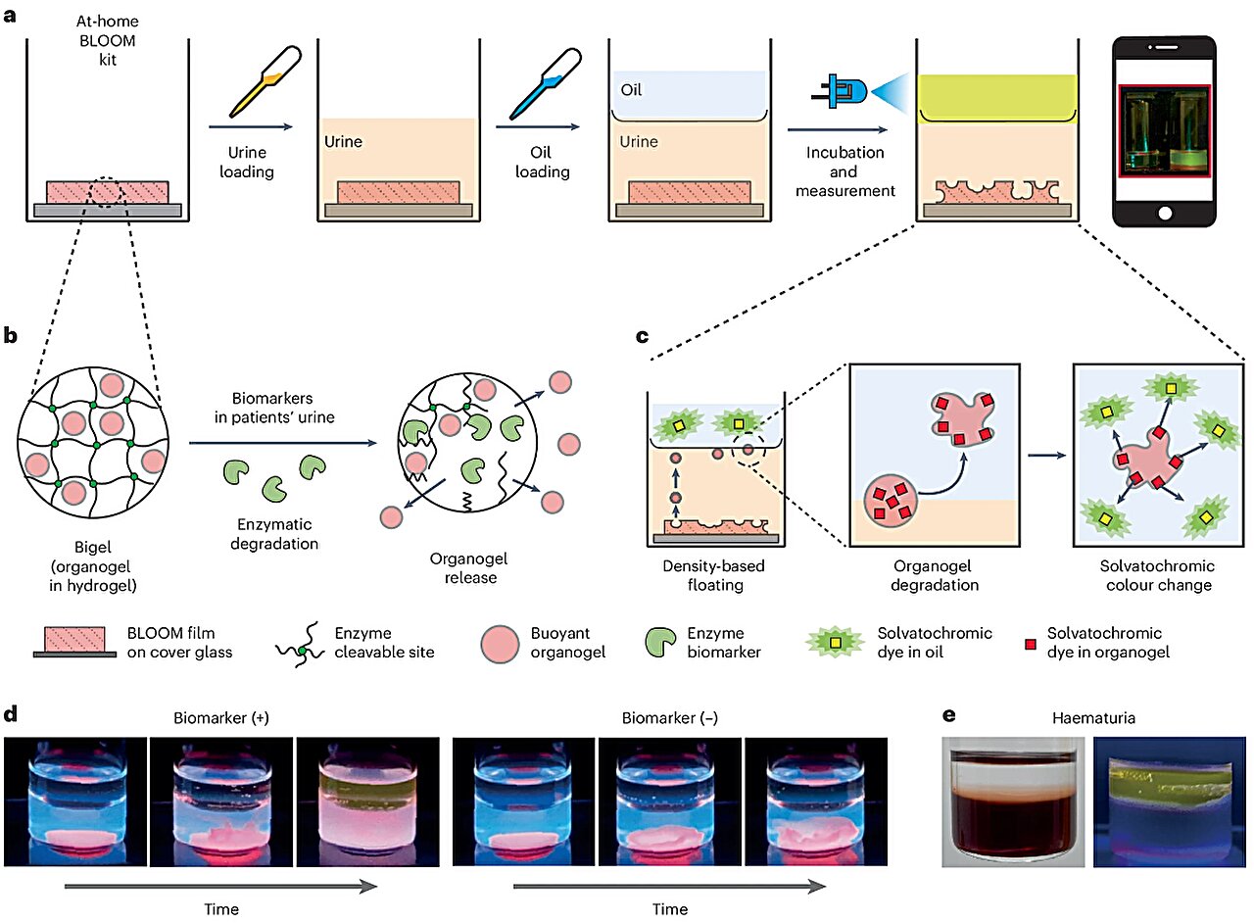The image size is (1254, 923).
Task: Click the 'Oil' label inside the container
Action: coord(633,90)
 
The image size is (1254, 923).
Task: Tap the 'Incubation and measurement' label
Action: coord(844,171)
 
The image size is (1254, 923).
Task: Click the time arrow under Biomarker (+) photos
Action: coord(219,887)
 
